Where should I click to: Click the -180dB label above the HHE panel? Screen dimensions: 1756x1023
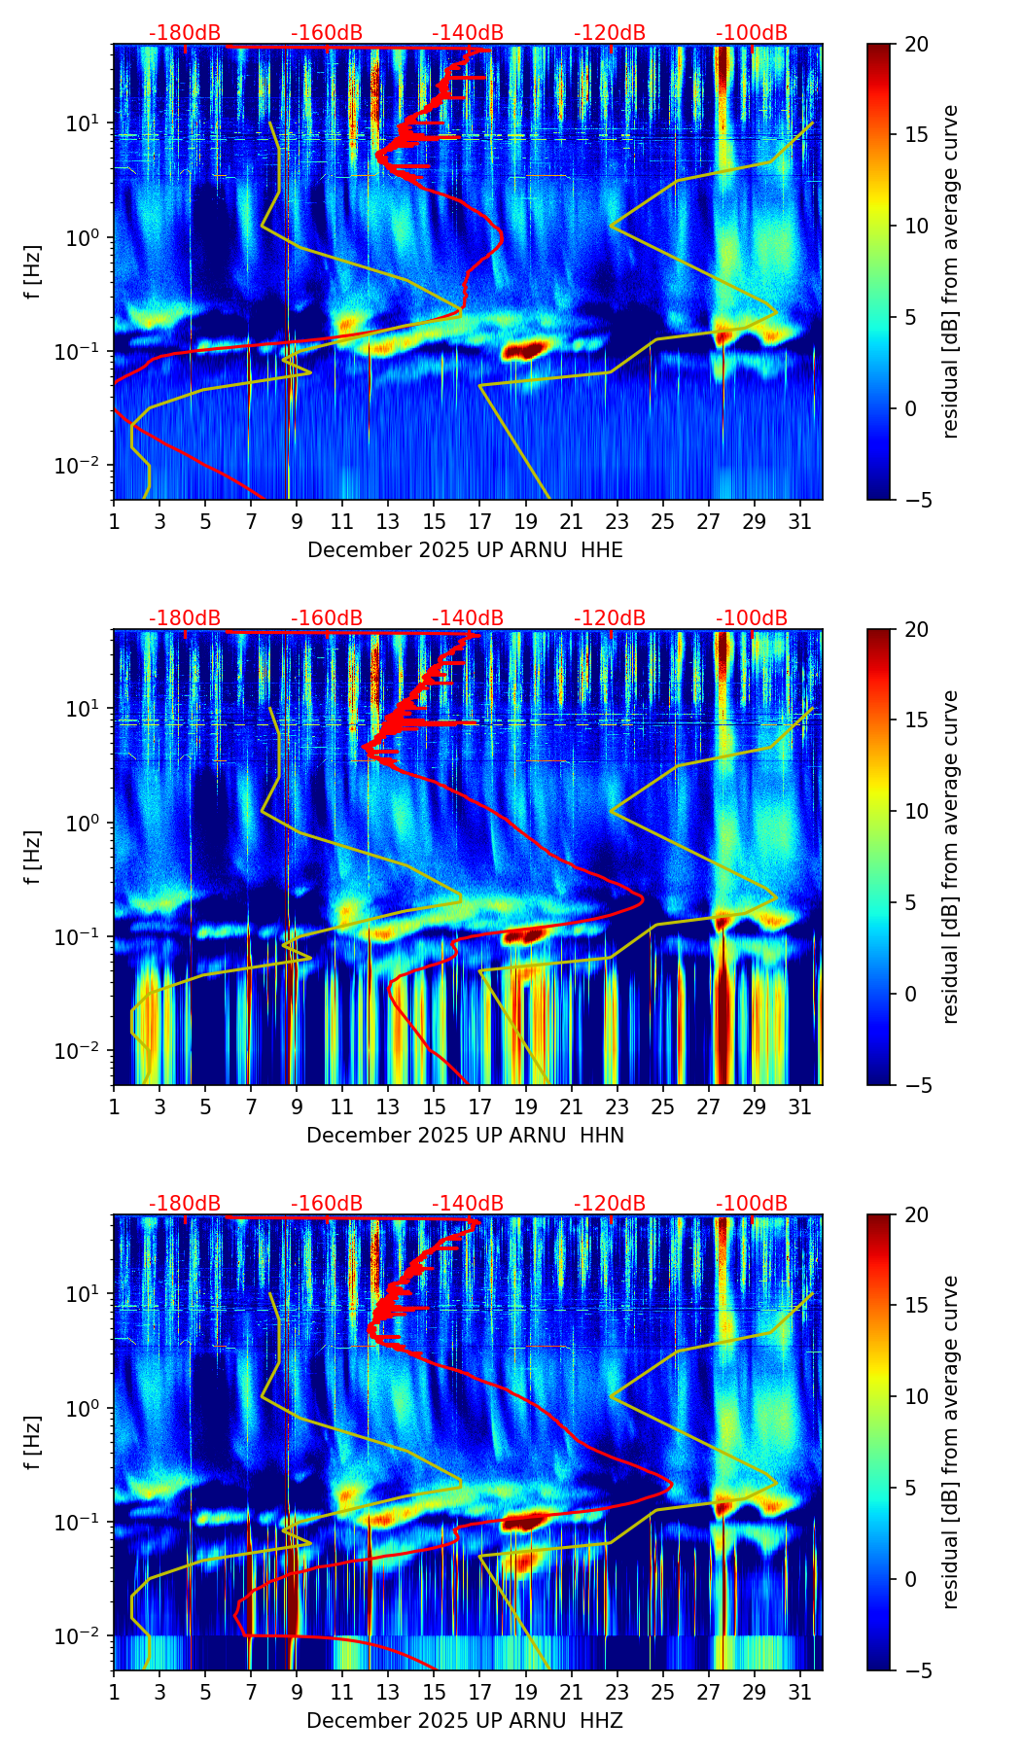185,33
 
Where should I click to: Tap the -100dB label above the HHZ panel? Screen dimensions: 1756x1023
752,1204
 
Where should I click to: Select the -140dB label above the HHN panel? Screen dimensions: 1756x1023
468,618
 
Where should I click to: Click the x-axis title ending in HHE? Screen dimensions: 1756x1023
465,550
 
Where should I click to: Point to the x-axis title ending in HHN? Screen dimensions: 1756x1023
465,1136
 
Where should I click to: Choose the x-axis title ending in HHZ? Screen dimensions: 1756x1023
465,1721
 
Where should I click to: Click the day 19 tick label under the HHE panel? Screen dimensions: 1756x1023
525,522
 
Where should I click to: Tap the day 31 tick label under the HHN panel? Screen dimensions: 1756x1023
799,1107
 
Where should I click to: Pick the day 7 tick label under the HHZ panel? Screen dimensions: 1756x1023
251,1693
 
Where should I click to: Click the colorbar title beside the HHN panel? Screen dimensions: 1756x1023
950,857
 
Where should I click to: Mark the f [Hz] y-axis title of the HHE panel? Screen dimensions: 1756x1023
34,272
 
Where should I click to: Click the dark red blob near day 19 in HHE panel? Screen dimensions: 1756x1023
525,350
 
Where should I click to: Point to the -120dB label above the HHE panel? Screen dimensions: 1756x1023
610,33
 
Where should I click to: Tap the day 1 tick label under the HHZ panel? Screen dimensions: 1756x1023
114,1693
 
